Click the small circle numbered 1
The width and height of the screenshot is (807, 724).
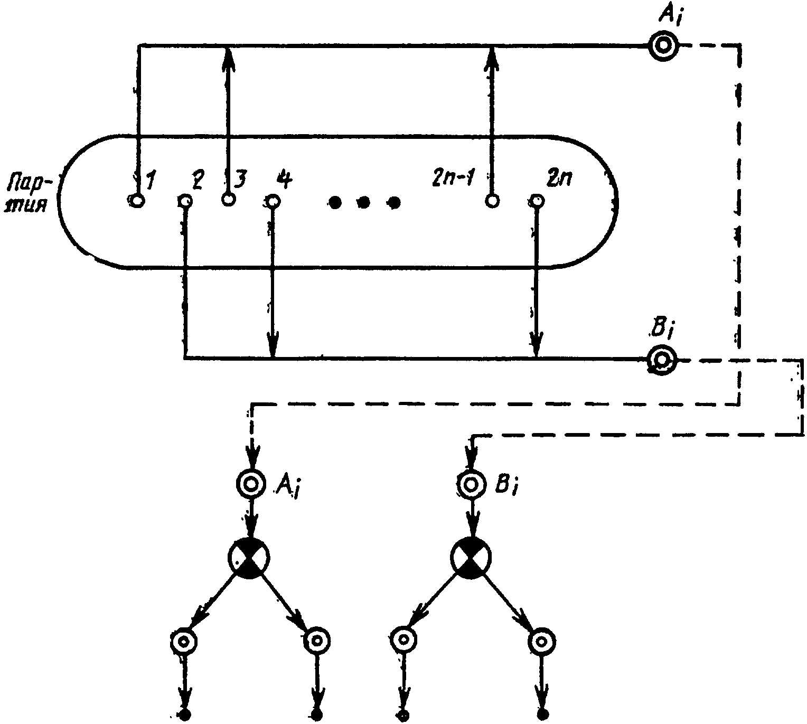(137, 201)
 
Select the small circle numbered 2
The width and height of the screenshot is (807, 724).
(185, 201)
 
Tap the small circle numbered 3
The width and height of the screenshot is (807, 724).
(228, 199)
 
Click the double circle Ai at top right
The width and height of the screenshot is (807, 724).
(663, 46)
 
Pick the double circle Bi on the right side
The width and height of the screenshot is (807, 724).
(662, 360)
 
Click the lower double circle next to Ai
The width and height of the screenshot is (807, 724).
(250, 484)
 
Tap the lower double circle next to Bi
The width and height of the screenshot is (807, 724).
(471, 485)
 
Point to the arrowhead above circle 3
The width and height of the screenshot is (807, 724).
(228, 60)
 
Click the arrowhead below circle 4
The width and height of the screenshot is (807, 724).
(273, 344)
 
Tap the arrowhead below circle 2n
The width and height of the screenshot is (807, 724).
(537, 344)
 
